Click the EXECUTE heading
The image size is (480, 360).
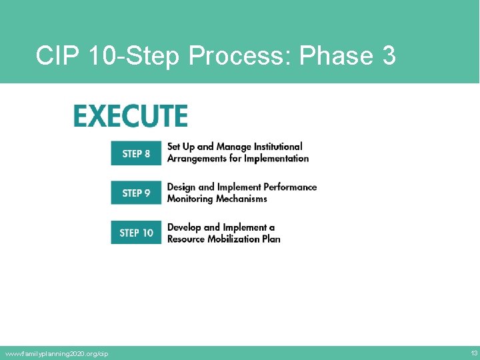[131, 116]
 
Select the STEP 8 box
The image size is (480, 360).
[136, 153]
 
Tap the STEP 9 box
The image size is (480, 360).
[136, 193]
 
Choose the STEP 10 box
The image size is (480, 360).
[136, 233]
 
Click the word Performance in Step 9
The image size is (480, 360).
[290, 187]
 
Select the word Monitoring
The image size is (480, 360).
[190, 199]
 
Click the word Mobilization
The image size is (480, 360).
[234, 239]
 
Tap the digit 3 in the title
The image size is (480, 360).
[389, 56]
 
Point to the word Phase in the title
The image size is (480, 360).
[336, 56]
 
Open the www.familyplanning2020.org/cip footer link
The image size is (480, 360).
[57, 353]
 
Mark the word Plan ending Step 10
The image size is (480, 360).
[271, 239]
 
